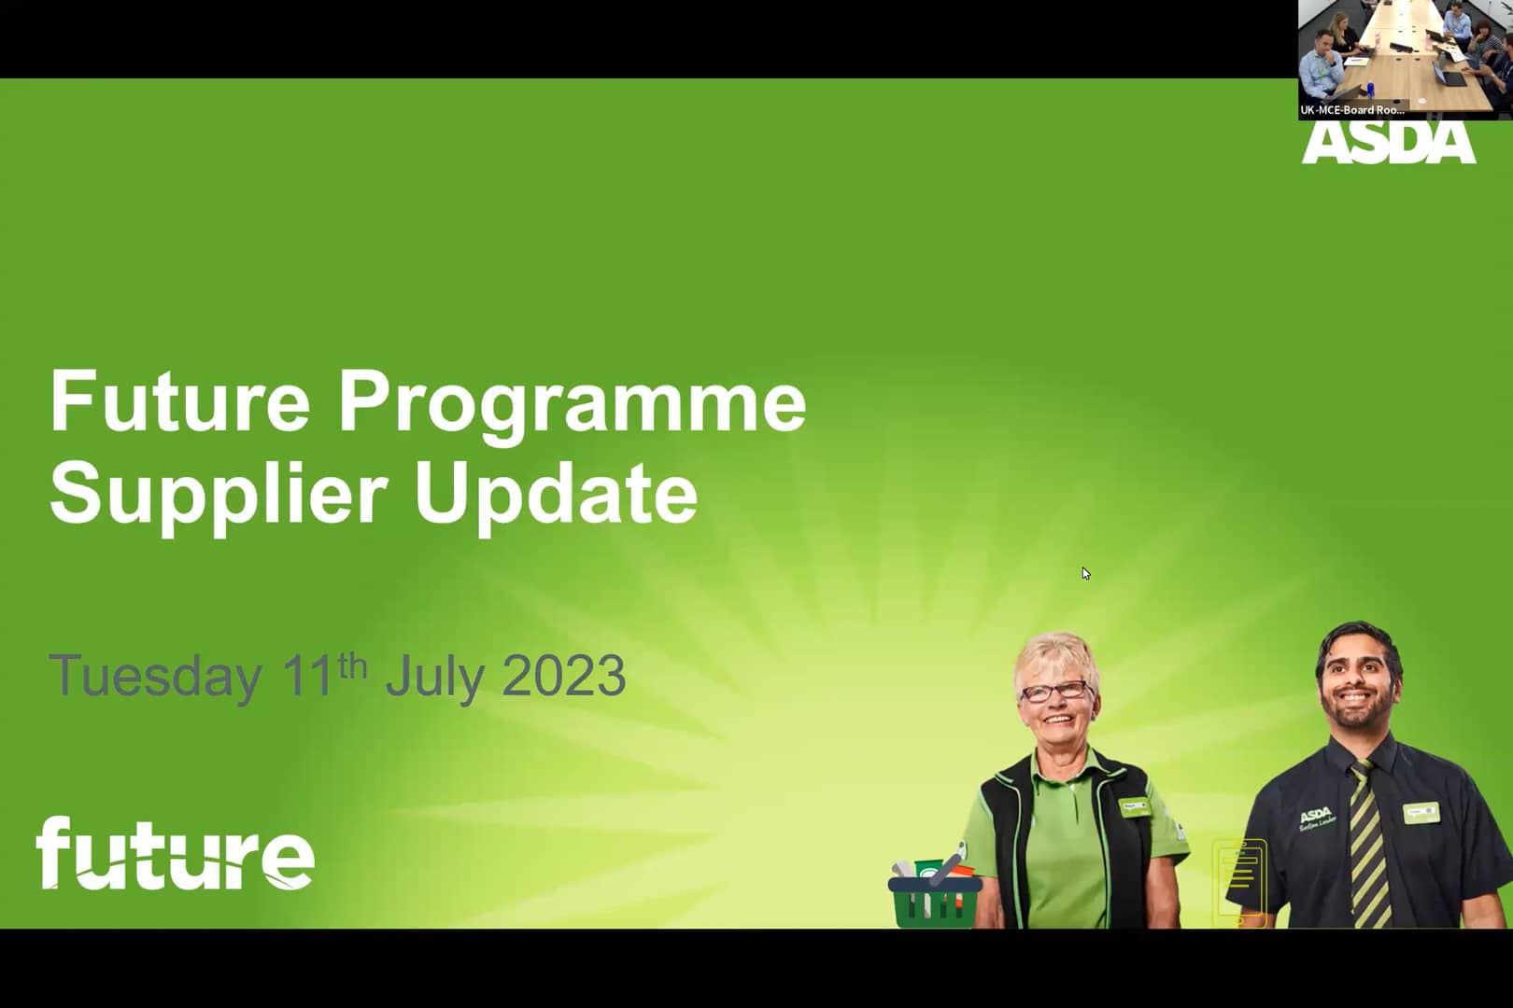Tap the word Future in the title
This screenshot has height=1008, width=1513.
179,401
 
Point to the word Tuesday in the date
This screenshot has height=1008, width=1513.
155,676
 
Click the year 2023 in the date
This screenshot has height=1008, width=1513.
563,676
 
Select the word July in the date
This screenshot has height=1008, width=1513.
433,676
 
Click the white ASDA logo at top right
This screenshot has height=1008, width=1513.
1388,143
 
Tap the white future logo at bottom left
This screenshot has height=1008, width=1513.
175,853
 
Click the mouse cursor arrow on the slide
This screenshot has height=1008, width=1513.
1085,573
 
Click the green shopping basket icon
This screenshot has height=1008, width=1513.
934,893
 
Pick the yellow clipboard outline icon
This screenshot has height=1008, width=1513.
1239,881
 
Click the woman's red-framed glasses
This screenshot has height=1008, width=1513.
1055,692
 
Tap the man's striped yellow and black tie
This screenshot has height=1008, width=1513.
1368,844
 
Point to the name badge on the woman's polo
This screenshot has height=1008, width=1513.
1135,805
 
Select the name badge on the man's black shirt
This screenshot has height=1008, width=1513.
1421,812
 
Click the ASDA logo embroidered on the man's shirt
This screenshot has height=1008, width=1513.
1316,818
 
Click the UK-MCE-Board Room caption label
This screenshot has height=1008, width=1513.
1352,110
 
